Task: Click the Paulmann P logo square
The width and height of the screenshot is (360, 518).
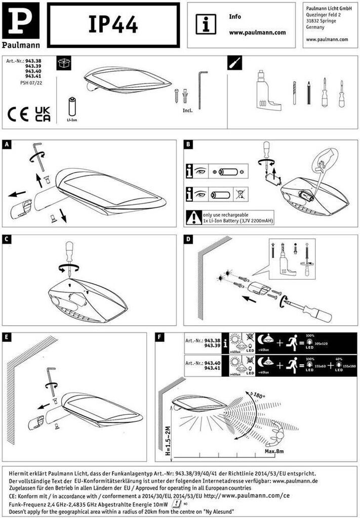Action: coord(20,20)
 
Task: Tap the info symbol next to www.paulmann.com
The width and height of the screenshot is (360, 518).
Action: coord(206,24)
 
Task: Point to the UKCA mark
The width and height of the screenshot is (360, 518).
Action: coord(42,114)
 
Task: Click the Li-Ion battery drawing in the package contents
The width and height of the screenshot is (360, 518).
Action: coord(72,107)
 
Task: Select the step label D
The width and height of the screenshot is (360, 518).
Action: coord(188,239)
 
